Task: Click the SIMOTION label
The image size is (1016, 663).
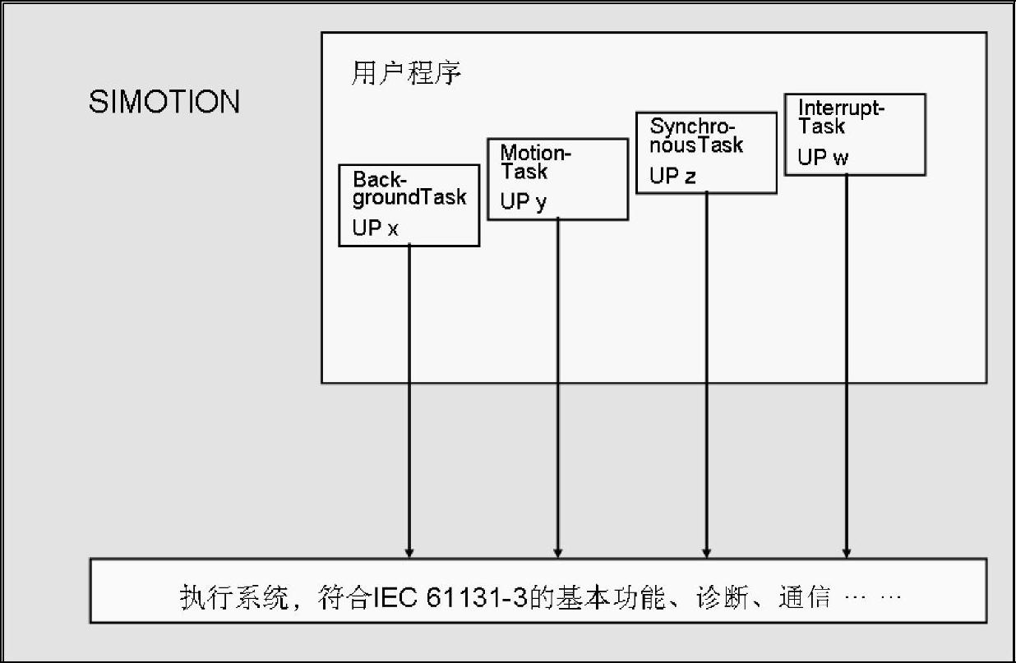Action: pyautogui.click(x=164, y=103)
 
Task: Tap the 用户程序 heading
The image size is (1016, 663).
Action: pyautogui.click(x=406, y=75)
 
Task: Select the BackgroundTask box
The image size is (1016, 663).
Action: pyautogui.click(x=409, y=205)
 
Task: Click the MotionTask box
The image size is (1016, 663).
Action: pyautogui.click(x=557, y=179)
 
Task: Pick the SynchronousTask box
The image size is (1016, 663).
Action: pyautogui.click(x=706, y=153)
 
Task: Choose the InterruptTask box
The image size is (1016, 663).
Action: pyautogui.click(x=855, y=134)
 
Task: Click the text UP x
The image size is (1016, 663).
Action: pyautogui.click(x=375, y=228)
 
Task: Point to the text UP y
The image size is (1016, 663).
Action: pyautogui.click(x=523, y=202)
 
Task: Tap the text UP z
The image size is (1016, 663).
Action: pyautogui.click(x=672, y=176)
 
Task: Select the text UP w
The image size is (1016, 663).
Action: pyautogui.click(x=823, y=158)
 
